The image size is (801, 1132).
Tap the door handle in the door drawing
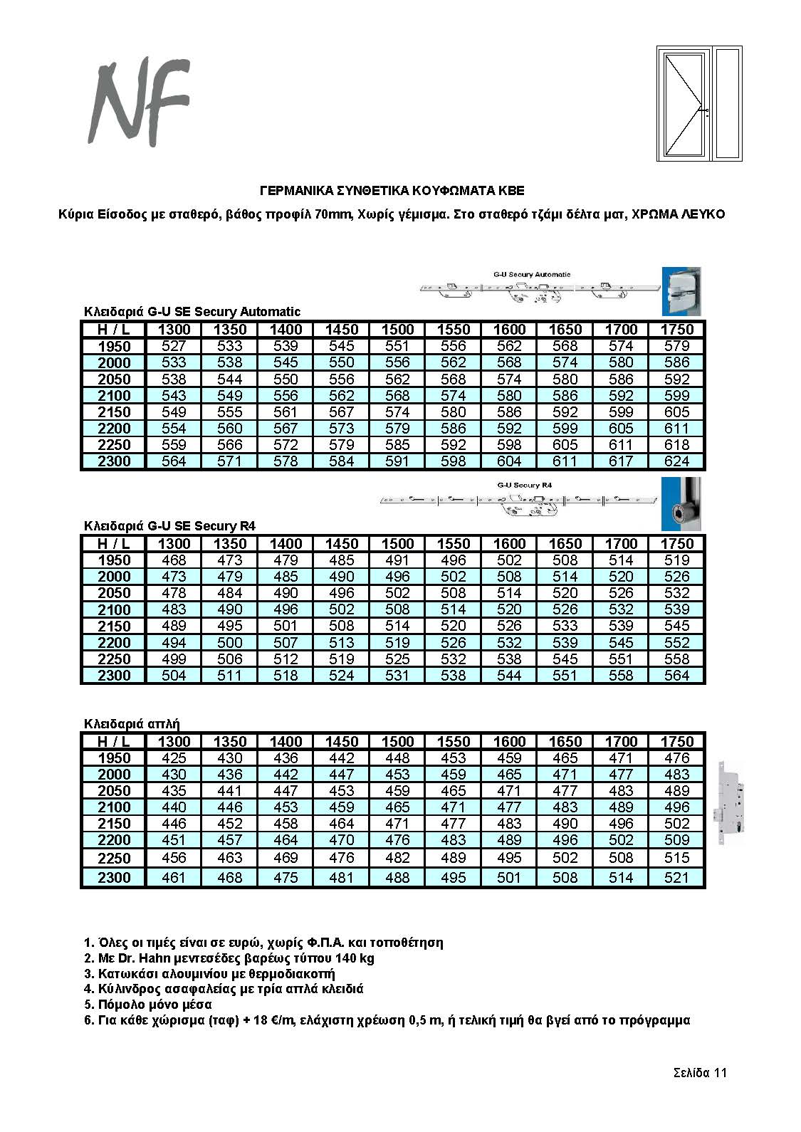tap(705, 110)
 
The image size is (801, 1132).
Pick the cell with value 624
tap(676, 461)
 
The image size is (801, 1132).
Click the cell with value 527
tap(174, 346)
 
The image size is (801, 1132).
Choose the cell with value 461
tap(174, 877)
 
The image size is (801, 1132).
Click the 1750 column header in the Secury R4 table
tap(676, 544)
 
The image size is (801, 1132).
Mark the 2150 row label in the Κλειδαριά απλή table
tap(114, 824)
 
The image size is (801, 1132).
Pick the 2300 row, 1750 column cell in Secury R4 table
tap(676, 676)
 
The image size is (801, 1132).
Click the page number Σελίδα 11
tap(700, 1074)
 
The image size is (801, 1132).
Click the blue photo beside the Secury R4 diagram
tap(681, 504)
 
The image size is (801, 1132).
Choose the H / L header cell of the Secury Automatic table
tap(114, 330)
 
